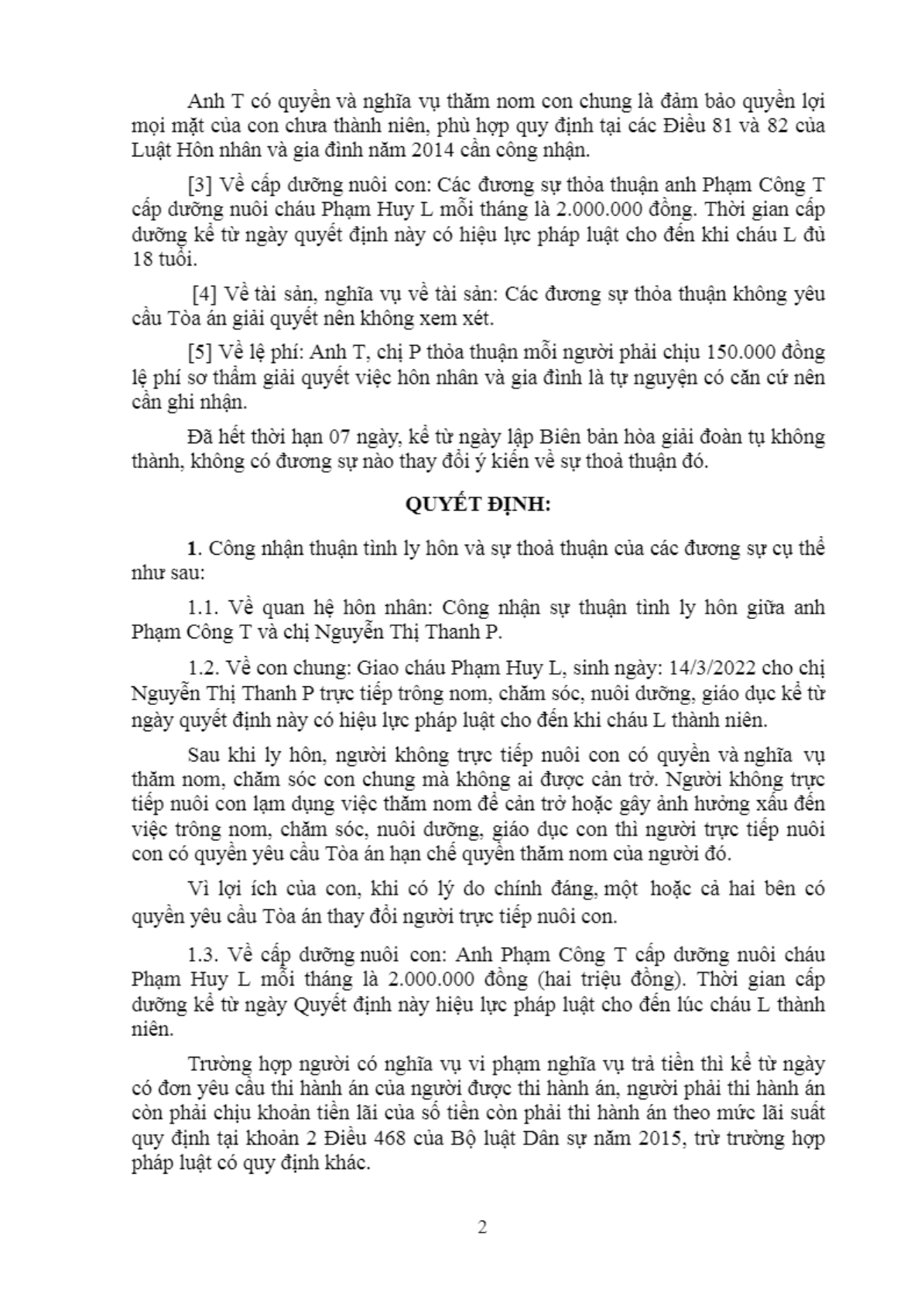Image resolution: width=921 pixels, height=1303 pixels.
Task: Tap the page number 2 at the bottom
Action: [x=482, y=1227]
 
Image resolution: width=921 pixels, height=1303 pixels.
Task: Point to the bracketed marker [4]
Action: [x=204, y=294]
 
